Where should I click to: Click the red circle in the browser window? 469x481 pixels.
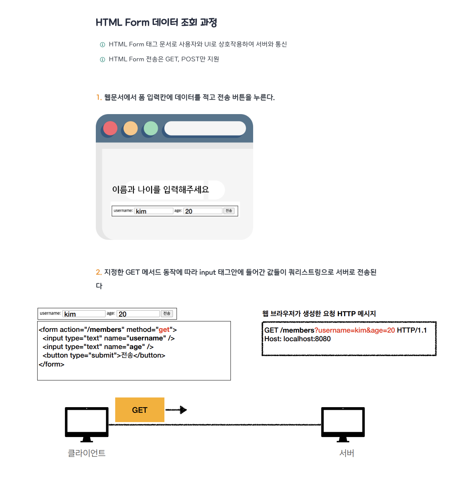(x=110, y=128)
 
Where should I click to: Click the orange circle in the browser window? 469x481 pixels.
(x=130, y=128)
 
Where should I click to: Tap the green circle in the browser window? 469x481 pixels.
(x=151, y=128)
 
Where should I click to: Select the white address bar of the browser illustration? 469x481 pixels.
(x=205, y=128)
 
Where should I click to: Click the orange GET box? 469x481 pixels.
(x=139, y=409)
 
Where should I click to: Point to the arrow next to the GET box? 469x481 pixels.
(x=176, y=410)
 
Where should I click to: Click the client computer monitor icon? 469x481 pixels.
(x=86, y=425)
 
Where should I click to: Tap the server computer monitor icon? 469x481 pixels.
(x=343, y=425)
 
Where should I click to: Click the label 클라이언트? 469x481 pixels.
(x=86, y=453)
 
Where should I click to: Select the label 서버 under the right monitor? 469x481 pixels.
(x=347, y=453)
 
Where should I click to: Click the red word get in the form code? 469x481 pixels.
(x=164, y=330)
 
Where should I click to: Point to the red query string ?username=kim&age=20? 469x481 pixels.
(x=355, y=330)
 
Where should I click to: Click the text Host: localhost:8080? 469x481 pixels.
(x=297, y=339)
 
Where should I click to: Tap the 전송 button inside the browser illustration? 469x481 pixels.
(x=229, y=211)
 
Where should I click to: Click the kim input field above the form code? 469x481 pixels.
(x=84, y=314)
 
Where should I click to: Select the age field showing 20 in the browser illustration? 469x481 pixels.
(x=203, y=211)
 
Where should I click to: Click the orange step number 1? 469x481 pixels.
(x=98, y=97)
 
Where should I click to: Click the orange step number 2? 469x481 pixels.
(x=98, y=272)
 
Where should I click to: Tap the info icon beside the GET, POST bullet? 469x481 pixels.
(x=102, y=60)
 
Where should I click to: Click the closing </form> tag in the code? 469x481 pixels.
(x=51, y=364)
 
